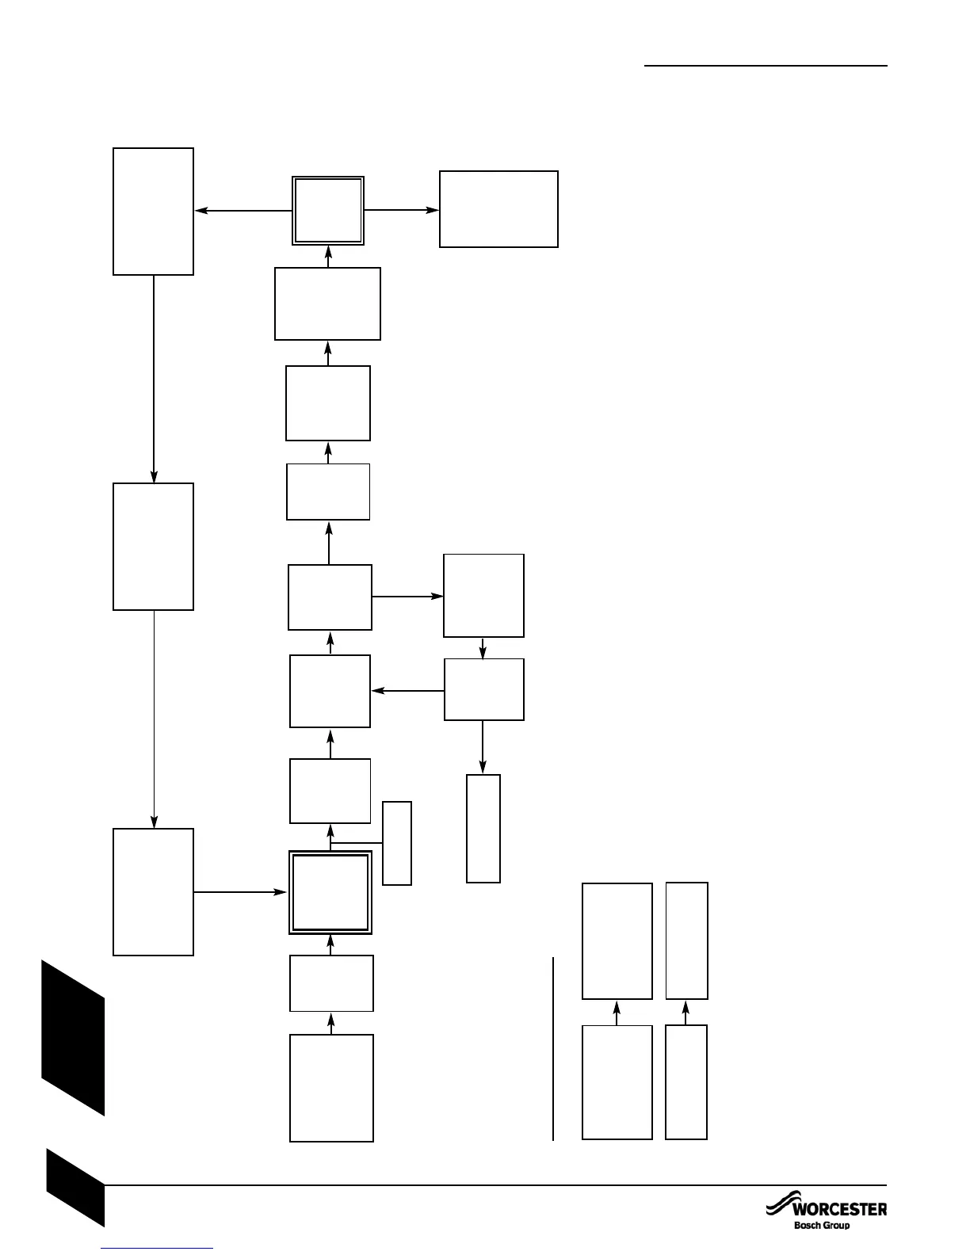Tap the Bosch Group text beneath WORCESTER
point(822,1226)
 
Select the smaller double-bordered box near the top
point(328,211)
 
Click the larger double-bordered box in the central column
point(330,892)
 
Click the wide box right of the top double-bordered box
point(498,209)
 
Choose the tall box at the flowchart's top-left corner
point(153,211)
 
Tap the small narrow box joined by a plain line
point(397,843)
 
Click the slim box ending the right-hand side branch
point(483,828)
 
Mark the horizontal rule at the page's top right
point(766,66)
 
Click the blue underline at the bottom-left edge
point(158,1249)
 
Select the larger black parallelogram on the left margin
point(73,1038)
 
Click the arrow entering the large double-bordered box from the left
point(240,892)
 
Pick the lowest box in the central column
point(331,1088)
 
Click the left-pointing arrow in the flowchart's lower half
point(407,692)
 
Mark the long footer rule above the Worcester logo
point(495,1186)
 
